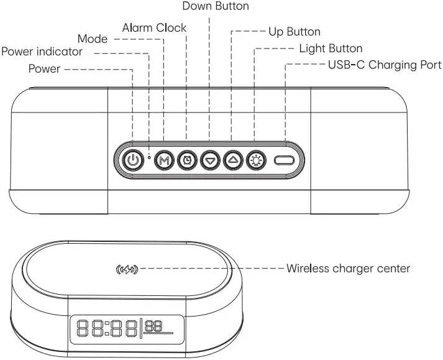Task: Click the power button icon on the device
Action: pos(132,160)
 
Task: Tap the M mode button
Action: pos(164,160)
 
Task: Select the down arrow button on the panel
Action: pos(209,160)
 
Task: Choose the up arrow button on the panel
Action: pos(232,160)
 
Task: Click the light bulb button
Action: pos(255,160)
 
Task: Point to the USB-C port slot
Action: pos(285,160)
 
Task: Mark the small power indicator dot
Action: pos(150,157)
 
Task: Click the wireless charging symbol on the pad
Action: pos(126,269)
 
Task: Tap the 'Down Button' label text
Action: pos(215,6)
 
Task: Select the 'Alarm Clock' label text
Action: pos(154,28)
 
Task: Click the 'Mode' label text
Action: pos(92,39)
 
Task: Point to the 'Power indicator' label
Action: pos(42,52)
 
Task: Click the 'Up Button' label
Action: pos(294,31)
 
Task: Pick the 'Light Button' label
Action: pos(331,48)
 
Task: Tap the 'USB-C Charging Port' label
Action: pos(384,65)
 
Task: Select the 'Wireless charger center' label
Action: pos(348,269)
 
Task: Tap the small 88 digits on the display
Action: pos(154,325)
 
